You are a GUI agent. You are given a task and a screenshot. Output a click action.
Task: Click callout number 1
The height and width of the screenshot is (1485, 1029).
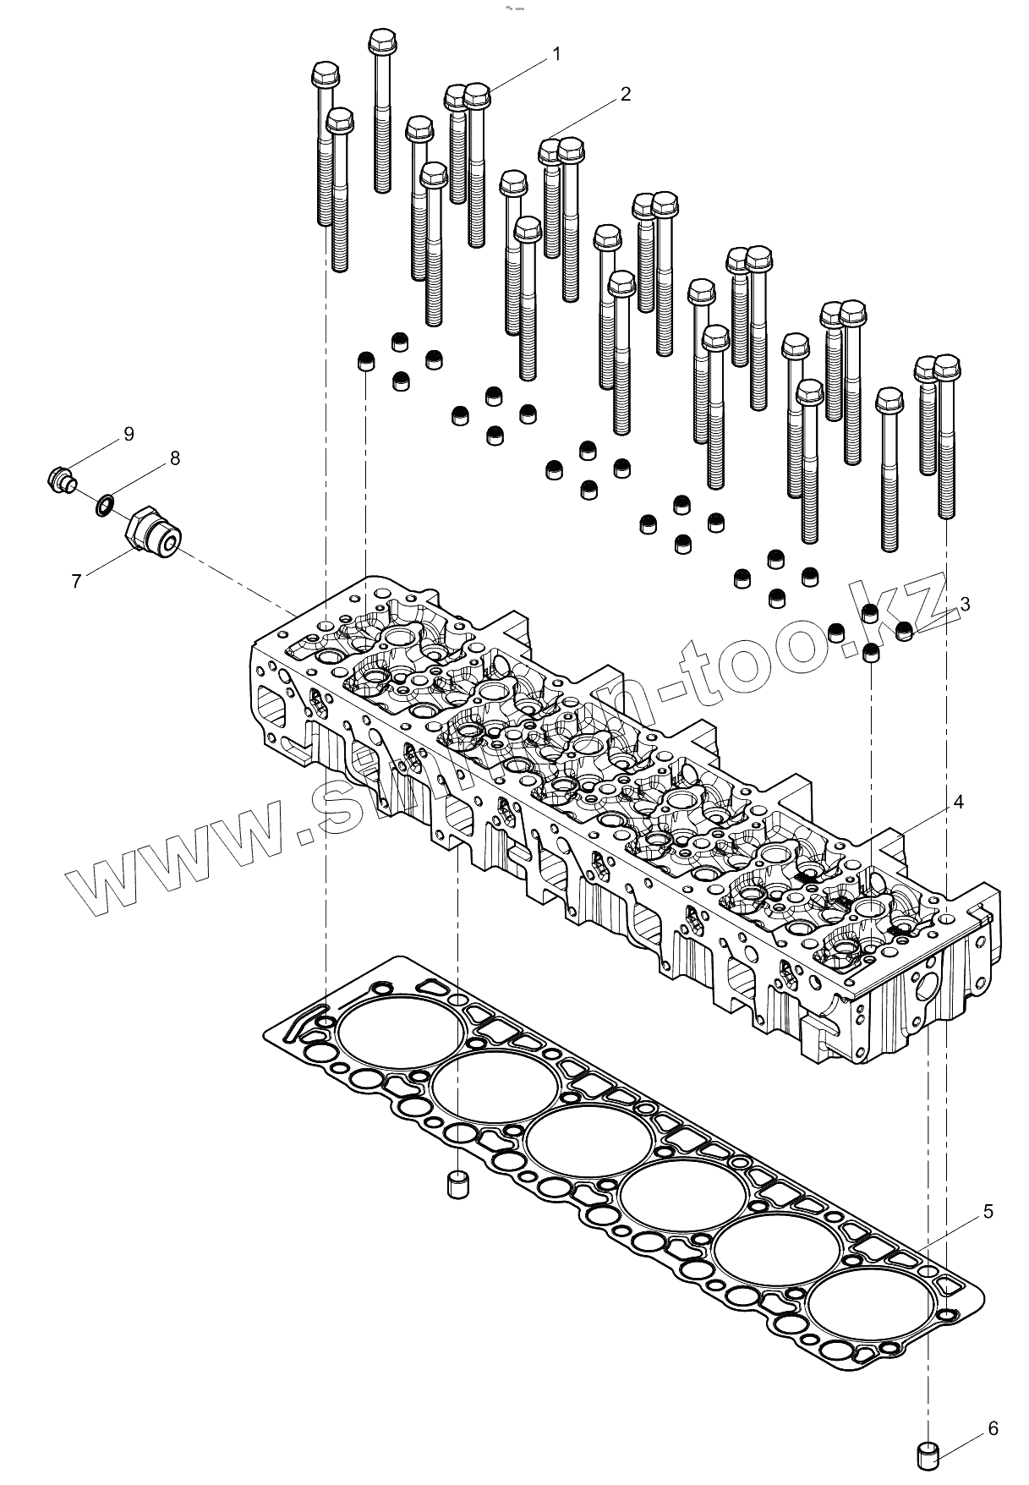[x=556, y=54]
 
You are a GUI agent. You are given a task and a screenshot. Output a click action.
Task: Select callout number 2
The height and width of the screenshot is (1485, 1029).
[x=626, y=94]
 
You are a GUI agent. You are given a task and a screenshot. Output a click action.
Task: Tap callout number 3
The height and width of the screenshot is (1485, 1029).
[x=965, y=604]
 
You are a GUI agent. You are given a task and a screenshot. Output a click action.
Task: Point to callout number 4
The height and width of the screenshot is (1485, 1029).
[x=958, y=802]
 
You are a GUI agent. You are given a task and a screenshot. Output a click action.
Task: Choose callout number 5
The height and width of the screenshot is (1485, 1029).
[x=988, y=1212]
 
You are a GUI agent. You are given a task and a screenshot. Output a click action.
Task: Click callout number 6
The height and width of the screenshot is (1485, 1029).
[x=993, y=1428]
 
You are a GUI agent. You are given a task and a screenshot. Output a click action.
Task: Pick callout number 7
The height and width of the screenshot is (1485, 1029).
[x=76, y=582]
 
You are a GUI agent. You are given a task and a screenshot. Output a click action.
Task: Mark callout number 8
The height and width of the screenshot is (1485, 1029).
[x=174, y=458]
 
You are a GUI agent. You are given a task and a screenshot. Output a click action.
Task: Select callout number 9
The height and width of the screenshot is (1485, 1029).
[x=129, y=434]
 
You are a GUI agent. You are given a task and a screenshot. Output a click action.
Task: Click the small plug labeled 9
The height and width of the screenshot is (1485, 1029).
[x=61, y=480]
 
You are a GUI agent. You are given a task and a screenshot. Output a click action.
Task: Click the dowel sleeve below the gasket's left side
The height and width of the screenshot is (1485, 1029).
[x=457, y=1184]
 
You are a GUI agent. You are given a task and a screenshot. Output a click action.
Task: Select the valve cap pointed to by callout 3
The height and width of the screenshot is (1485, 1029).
[x=904, y=630]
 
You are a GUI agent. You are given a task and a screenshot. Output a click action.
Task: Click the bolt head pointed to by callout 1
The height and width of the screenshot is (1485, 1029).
[x=478, y=96]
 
